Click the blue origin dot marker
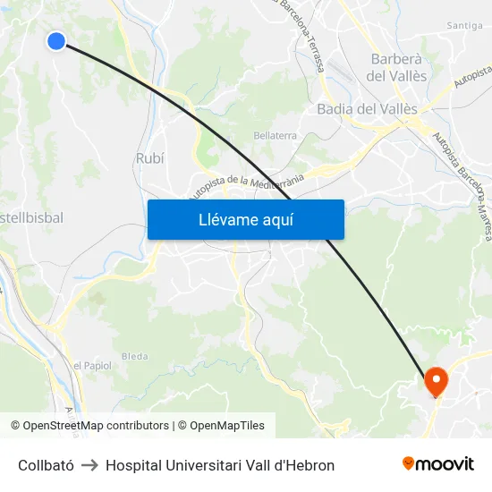tap(56, 40)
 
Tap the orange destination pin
tap(436, 382)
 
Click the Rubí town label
tap(149, 157)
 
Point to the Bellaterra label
tap(276, 135)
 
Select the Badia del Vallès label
tap(368, 109)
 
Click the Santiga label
tap(464, 26)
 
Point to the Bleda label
tap(135, 356)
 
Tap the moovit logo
tap(438, 464)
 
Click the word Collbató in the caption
tap(47, 465)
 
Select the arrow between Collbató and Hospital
tap(89, 465)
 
